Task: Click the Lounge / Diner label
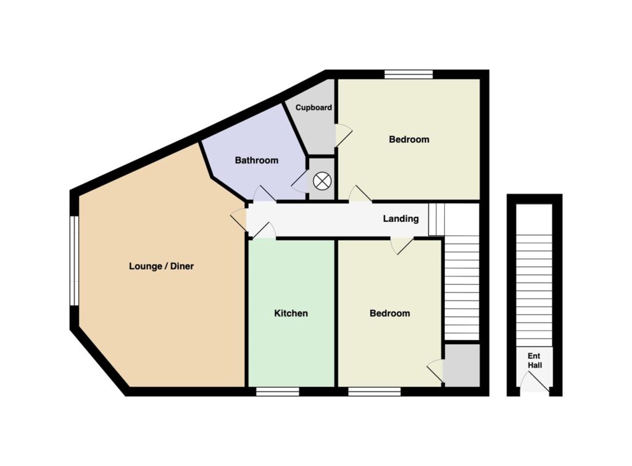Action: (161, 266)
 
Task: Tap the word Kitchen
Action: (291, 313)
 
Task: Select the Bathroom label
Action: (257, 160)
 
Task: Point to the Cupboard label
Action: (314, 108)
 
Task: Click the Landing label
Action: (401, 219)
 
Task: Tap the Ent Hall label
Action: (535, 360)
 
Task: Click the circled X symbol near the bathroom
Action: (322, 180)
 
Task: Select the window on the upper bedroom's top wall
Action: (409, 74)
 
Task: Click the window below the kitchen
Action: (278, 391)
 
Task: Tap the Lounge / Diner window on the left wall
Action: (74, 261)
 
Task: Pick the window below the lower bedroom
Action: (375, 391)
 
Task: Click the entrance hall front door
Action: (534, 382)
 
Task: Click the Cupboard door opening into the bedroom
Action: (343, 135)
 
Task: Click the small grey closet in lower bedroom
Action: (462, 365)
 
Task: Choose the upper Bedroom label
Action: (409, 140)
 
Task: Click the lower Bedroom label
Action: (390, 313)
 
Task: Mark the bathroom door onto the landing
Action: (264, 193)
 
